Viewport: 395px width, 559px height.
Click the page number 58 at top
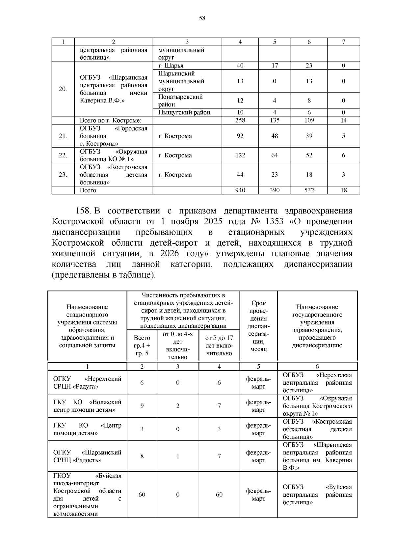pyautogui.click(x=202, y=18)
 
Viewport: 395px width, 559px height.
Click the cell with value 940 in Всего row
pyautogui.click(x=240, y=190)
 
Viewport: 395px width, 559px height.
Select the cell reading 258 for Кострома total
pyautogui.click(x=240, y=120)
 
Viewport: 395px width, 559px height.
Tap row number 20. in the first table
pyautogui.click(x=63, y=89)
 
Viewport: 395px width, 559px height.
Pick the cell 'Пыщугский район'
pyautogui.click(x=184, y=112)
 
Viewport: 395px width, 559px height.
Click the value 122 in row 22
pyautogui.click(x=240, y=155)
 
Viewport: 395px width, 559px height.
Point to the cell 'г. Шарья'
pyautogui.click(x=171, y=66)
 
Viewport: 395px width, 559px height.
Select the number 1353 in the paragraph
pyautogui.click(x=272, y=221)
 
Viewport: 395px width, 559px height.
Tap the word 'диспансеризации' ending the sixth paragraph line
pyautogui.click(x=318, y=264)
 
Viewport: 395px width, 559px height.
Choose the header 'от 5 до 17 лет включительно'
pyautogui.click(x=219, y=346)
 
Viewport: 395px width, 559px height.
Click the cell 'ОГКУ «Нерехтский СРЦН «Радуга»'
pyautogui.click(x=87, y=383)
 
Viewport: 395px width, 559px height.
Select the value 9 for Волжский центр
pyautogui.click(x=142, y=406)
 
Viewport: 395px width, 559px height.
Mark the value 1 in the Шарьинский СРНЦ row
pyautogui.click(x=178, y=456)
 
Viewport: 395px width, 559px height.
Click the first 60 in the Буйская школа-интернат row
pyautogui.click(x=142, y=494)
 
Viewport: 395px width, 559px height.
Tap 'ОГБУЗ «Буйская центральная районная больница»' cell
pyautogui.click(x=317, y=494)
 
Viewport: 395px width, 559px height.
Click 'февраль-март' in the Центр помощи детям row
pyautogui.click(x=258, y=429)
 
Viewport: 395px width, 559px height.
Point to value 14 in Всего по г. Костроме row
pyautogui.click(x=343, y=120)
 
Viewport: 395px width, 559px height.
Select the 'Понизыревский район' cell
pyautogui.click(x=180, y=100)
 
